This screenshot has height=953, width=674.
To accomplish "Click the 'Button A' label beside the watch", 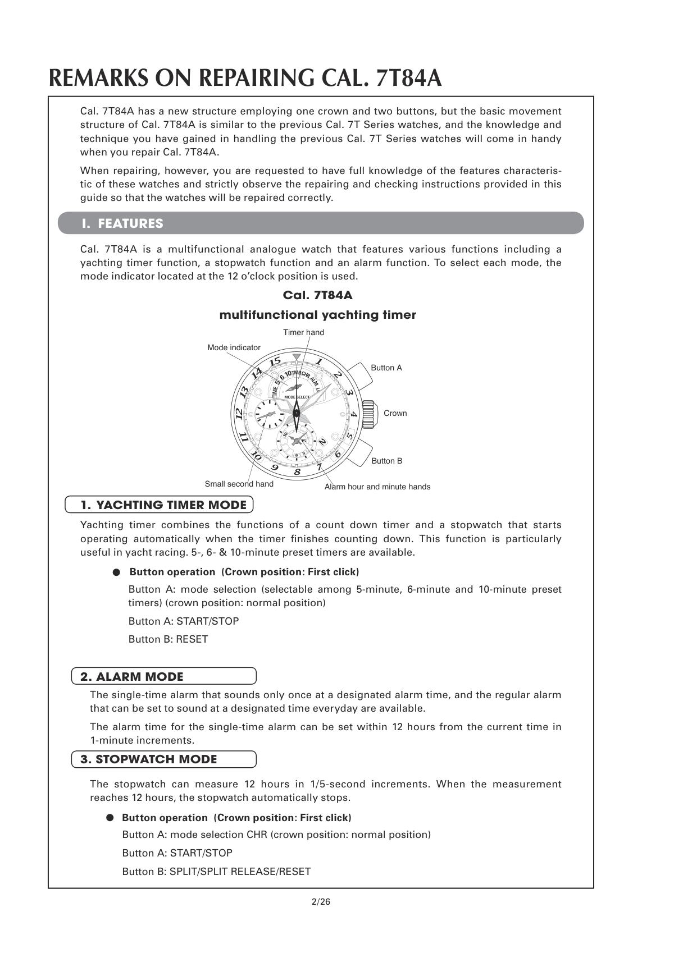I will click(x=386, y=368).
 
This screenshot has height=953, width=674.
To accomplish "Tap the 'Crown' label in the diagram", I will click(x=395, y=413).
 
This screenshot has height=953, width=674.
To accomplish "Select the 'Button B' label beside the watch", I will click(x=386, y=461).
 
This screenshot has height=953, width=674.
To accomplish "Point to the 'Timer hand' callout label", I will click(x=303, y=332).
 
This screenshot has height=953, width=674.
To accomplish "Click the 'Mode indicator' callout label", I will click(x=234, y=347).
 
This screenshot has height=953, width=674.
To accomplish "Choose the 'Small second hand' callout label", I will click(x=239, y=484).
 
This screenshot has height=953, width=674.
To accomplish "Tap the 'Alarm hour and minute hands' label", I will click(x=377, y=487).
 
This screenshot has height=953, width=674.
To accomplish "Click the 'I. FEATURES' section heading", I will click(x=122, y=223).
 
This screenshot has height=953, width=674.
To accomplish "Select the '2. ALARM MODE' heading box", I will click(x=163, y=676).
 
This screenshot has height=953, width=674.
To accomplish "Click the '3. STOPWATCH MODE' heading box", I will click(x=163, y=759).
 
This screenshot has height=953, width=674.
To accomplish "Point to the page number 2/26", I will click(x=321, y=902).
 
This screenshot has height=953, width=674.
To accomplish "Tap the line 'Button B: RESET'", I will click(x=168, y=639).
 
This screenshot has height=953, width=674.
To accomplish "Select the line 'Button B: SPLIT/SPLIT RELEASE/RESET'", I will click(x=216, y=871).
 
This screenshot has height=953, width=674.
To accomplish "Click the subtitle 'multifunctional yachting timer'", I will click(x=317, y=315).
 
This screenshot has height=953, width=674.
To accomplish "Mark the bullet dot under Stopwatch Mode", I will click(x=110, y=818).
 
